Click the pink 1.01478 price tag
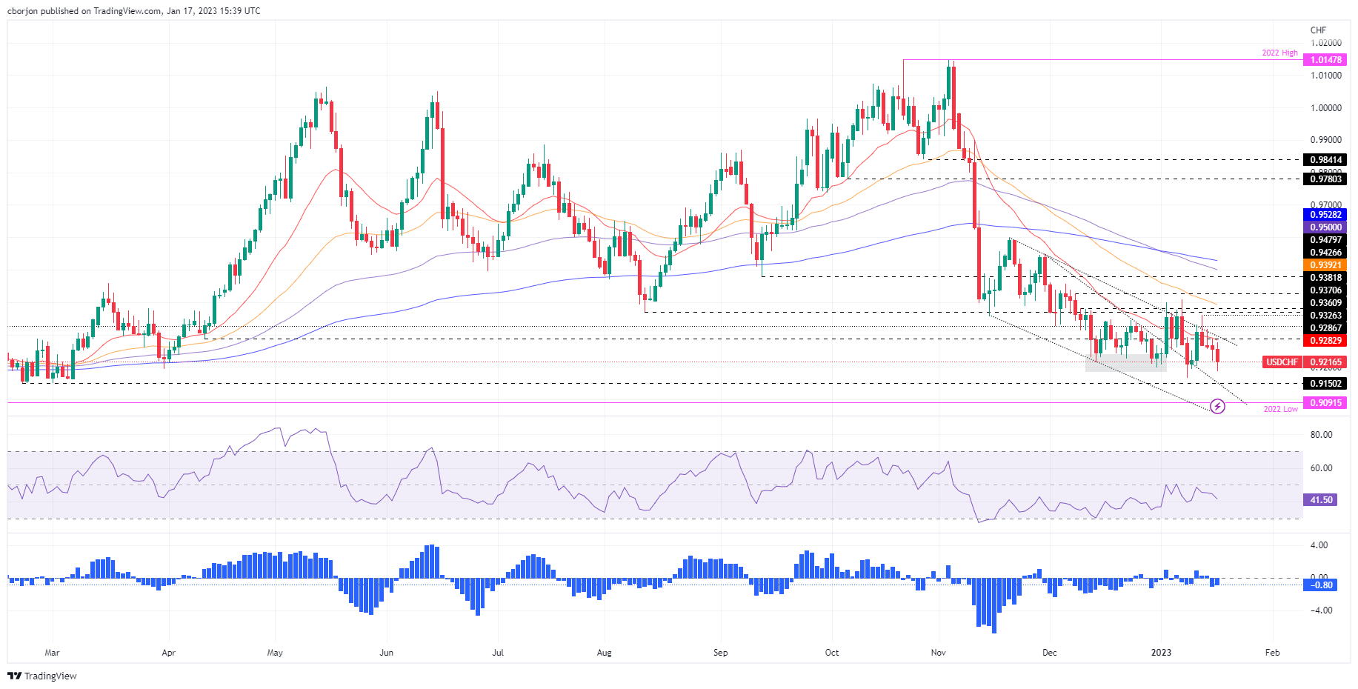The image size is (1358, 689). [x=1325, y=60]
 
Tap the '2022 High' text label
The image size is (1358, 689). [x=1279, y=53]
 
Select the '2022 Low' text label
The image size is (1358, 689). [x=1280, y=409]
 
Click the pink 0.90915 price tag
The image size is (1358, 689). [x=1325, y=403]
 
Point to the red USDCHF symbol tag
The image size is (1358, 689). [x=1282, y=362]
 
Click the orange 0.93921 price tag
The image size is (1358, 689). [x=1325, y=265]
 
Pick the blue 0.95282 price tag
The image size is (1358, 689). [x=1325, y=215]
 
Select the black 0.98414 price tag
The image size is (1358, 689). [x=1325, y=160]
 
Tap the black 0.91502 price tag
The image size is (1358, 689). [x=1325, y=384]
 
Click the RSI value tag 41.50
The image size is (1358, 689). [x=1321, y=500]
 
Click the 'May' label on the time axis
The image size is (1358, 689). [x=275, y=653]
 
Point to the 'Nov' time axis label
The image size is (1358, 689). [x=939, y=653]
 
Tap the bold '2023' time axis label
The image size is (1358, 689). [x=1161, y=653]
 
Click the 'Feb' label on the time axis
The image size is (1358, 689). [x=1272, y=653]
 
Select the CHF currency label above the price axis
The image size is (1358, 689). [x=1318, y=30]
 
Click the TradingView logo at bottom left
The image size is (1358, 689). [x=42, y=676]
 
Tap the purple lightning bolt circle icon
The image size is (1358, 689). [x=1217, y=406]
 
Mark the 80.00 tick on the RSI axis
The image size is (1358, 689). [x=1321, y=435]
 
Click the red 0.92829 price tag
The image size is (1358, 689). [x=1325, y=341]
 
